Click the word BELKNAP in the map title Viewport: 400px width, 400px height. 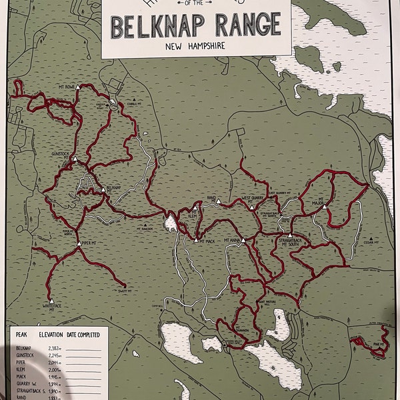(x=147, y=27)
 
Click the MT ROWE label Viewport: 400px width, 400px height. (x=67, y=86)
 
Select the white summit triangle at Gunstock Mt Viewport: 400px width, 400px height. (x=75, y=159)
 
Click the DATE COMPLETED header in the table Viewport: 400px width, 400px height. (x=83, y=334)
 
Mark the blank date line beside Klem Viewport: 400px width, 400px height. (x=83, y=371)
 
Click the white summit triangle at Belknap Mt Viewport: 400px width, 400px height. (x=103, y=189)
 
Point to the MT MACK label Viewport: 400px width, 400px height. (x=205, y=241)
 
